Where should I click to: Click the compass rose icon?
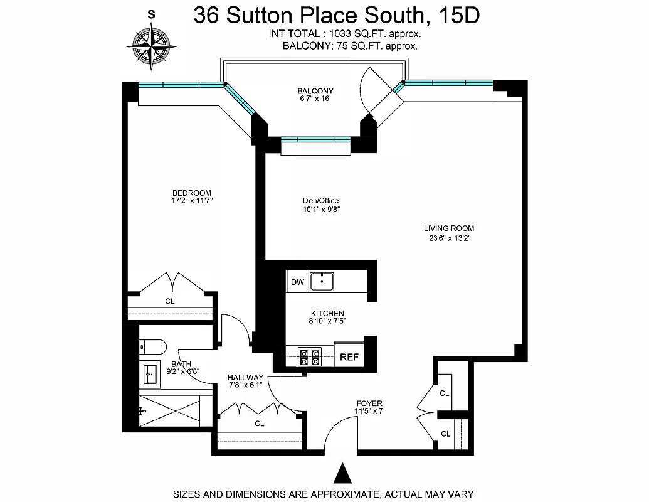150,45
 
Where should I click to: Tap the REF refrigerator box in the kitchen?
349,356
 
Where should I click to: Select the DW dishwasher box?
297,282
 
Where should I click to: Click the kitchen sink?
322,281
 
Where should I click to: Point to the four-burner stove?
309,356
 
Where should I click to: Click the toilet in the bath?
152,346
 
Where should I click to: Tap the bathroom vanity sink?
150,375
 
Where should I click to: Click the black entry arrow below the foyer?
342,474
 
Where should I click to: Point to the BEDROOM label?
191,193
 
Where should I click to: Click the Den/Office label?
320,201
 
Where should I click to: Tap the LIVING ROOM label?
448,228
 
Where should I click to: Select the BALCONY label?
315,91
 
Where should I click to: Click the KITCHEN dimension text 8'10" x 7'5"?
327,321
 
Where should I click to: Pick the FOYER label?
369,403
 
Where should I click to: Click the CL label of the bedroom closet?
169,301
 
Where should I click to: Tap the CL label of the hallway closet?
259,424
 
